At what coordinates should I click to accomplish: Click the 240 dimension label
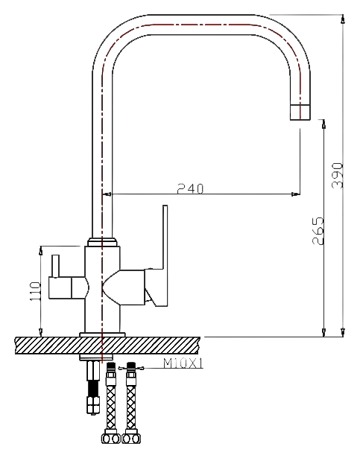190,188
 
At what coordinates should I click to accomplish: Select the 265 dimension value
318,231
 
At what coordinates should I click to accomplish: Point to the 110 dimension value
35,291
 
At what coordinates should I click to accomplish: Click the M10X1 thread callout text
183,363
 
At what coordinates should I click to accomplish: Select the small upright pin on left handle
56,266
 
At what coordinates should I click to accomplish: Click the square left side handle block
60,288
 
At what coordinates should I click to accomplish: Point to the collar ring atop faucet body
102,242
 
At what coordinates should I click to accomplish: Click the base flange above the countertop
102,334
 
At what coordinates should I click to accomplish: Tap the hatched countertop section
107,346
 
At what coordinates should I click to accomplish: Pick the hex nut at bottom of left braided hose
111,438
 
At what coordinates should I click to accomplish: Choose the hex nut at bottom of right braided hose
131,438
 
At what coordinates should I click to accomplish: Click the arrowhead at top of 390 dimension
343,19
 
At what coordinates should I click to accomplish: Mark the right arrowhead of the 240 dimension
295,194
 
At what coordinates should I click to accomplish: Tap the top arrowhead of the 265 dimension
323,124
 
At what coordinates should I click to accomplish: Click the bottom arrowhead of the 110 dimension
41,332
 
